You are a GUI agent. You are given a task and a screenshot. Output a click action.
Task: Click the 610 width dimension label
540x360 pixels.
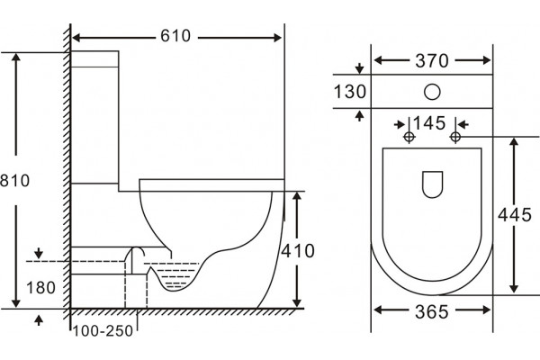coord(175,36)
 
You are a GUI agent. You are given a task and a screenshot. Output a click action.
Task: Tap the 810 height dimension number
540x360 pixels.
coord(14,181)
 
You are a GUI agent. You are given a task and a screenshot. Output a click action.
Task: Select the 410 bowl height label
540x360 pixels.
coord(298,251)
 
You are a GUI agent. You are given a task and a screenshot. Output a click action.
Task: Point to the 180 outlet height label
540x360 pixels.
coord(40,288)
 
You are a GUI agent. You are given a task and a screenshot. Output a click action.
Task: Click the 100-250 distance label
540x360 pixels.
coord(103,331)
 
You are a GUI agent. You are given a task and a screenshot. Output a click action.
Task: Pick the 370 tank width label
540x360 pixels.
coord(432,61)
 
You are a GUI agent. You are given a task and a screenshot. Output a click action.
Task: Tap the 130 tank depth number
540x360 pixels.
coord(350,92)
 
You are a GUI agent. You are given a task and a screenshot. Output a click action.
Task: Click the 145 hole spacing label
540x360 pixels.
coord(429,123)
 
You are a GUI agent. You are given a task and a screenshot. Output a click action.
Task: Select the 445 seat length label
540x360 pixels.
coord(515,215)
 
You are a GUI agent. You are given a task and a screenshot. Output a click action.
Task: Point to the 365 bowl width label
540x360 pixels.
coord(432,311)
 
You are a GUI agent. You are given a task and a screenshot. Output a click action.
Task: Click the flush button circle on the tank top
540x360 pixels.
coord(432,92)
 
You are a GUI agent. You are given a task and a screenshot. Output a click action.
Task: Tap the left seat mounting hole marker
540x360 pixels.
coord(409,137)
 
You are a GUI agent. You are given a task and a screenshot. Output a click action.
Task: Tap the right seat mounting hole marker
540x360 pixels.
coord(455,137)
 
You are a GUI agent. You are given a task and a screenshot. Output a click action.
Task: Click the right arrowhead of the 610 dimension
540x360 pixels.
coord(277,38)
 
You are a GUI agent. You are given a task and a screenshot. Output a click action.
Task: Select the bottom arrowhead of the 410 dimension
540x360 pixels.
coord(297,303)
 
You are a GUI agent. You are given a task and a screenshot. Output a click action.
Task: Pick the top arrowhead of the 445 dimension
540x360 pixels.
coord(514,142)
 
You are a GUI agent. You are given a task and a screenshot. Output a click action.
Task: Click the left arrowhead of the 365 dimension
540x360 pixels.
coord(379,310)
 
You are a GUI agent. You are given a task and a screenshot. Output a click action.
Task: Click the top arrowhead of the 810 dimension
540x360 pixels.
coord(16,58)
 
